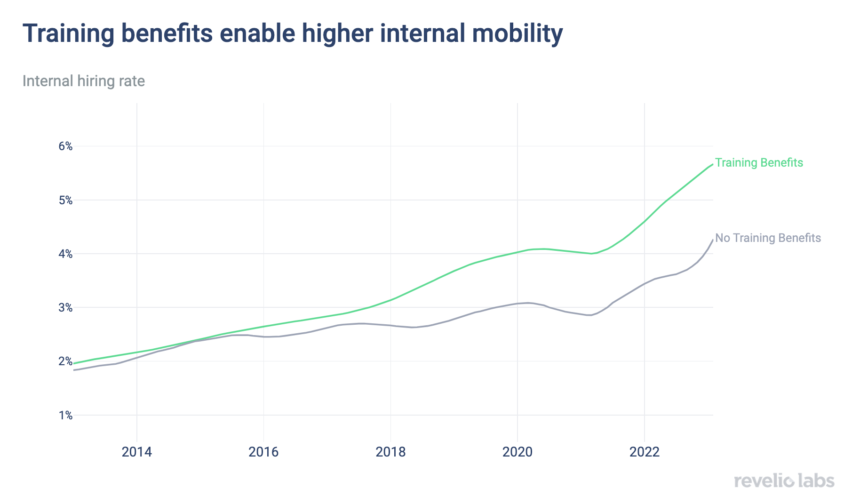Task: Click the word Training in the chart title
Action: click(x=69, y=34)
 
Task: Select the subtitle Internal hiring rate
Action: click(x=84, y=81)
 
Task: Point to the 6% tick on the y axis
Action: click(x=65, y=146)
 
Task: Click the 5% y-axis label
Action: click(x=65, y=200)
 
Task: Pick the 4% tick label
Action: click(x=65, y=254)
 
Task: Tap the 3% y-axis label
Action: click(x=65, y=308)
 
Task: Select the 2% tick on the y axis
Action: click(x=65, y=361)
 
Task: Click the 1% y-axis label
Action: click(x=65, y=416)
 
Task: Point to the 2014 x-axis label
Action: click(x=137, y=452)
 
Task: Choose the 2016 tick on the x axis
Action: click(x=263, y=452)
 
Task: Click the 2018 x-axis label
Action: click(x=390, y=452)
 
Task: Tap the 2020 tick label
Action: click(x=518, y=452)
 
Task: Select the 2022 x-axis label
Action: click(x=645, y=452)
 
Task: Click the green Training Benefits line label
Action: click(x=759, y=163)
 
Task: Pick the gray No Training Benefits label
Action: click(x=768, y=238)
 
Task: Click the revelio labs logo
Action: click(x=784, y=481)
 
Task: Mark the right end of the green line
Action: click(x=713, y=164)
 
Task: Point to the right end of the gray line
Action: click(x=713, y=240)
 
